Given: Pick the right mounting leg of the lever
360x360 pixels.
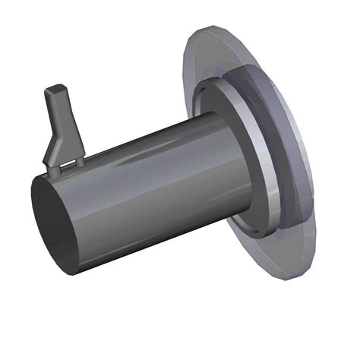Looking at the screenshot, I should [76, 160].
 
